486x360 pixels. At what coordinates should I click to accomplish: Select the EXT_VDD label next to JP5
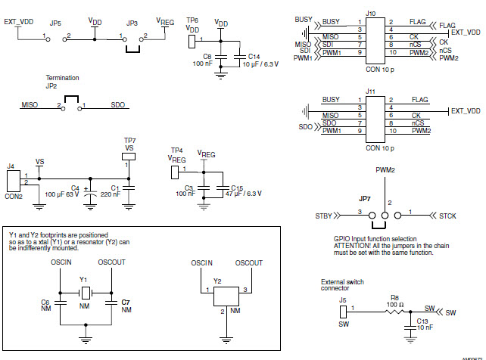click(x=20, y=23)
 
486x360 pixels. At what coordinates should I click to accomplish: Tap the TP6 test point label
click(x=192, y=19)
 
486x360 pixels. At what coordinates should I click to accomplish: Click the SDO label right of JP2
click(x=118, y=106)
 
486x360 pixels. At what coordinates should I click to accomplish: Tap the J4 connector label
click(x=10, y=166)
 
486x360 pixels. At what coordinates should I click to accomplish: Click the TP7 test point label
click(x=129, y=141)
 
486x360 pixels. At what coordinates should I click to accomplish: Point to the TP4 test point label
click(x=176, y=150)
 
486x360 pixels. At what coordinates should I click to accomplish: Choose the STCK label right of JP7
click(x=448, y=217)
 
